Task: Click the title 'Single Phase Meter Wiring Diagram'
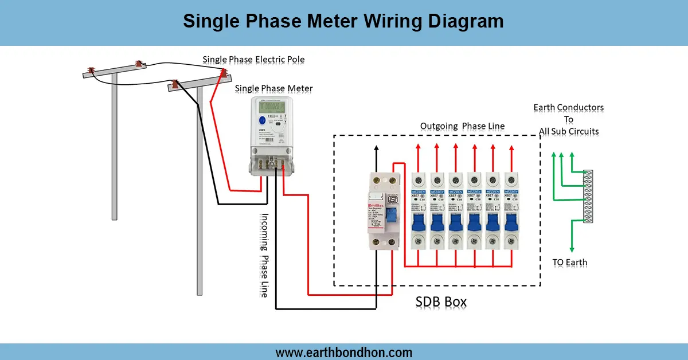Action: click(343, 21)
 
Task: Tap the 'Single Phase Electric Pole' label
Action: click(253, 60)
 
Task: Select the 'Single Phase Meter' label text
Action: click(274, 88)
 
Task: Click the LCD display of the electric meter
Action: click(272, 107)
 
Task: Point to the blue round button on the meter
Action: click(261, 120)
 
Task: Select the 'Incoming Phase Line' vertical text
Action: click(264, 255)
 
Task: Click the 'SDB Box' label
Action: click(441, 302)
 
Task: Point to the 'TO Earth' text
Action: click(569, 263)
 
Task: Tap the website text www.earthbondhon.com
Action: click(343, 352)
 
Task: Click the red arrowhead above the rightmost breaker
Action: click(510, 147)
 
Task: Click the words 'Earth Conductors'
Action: click(568, 107)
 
